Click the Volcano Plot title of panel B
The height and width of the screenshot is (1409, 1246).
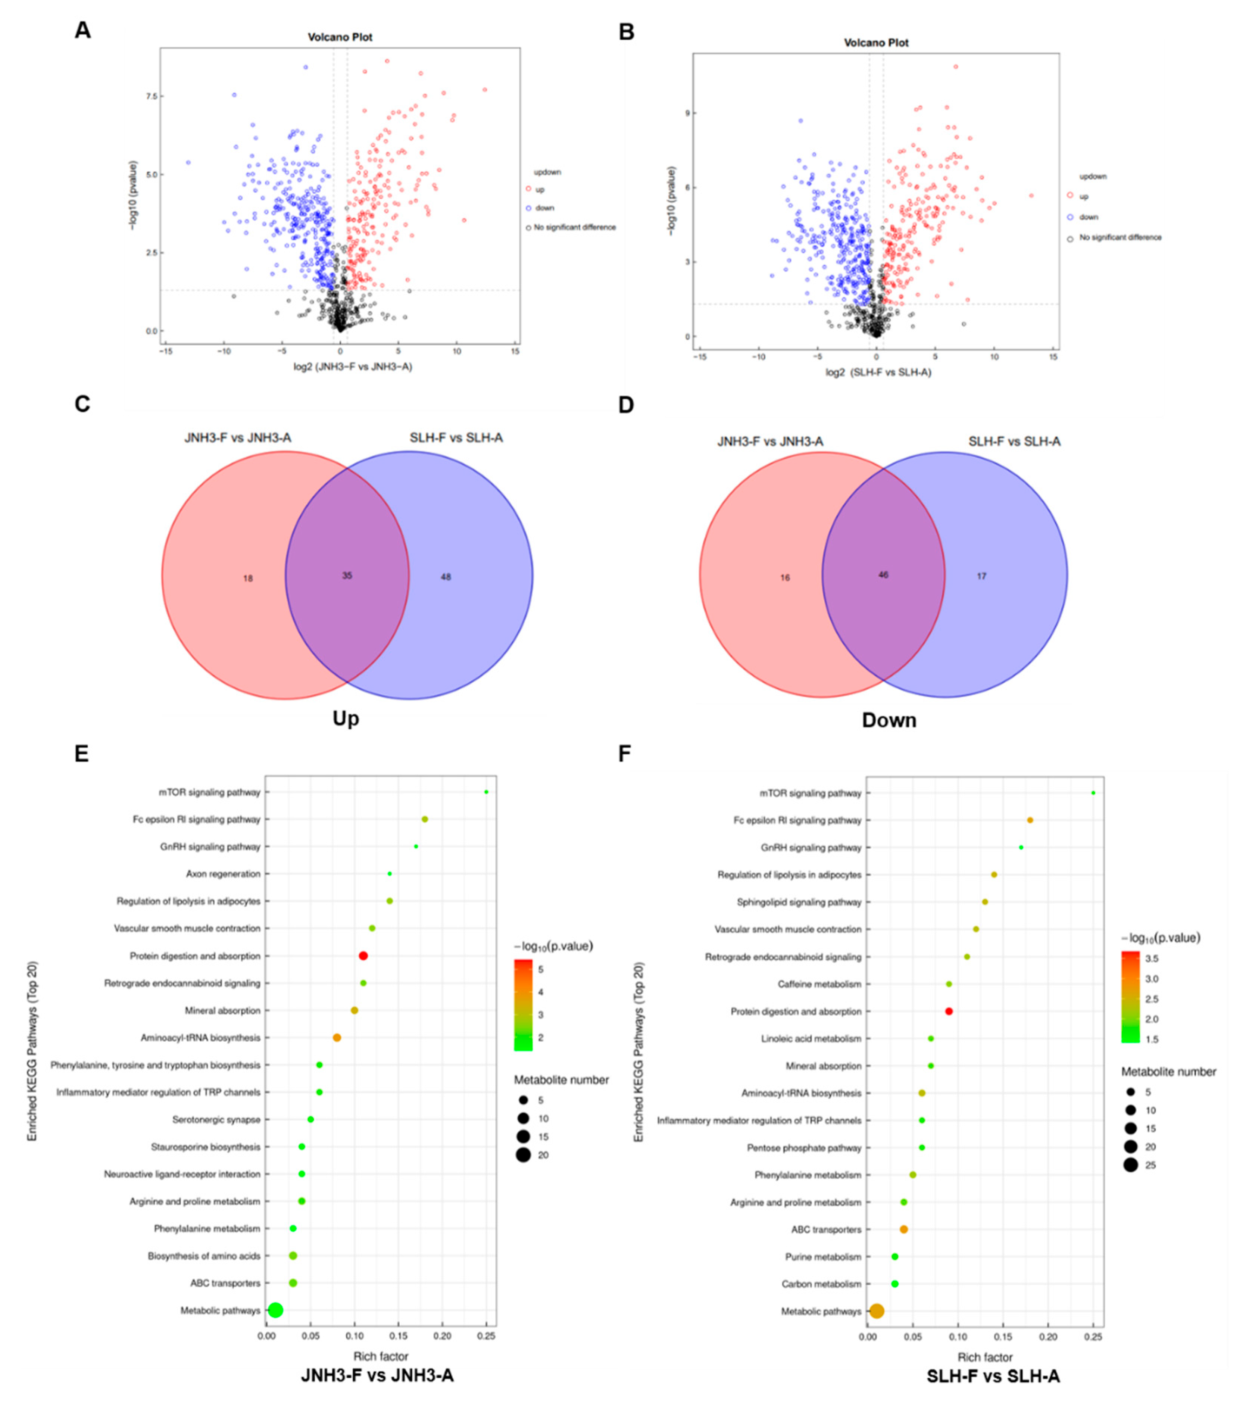click(876, 43)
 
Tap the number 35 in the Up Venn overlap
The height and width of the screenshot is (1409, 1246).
click(347, 575)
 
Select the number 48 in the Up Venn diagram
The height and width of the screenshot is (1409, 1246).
click(446, 577)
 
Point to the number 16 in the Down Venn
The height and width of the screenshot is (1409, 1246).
click(785, 578)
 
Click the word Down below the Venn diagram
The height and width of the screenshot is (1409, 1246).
click(889, 720)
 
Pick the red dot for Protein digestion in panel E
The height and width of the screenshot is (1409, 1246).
click(363, 956)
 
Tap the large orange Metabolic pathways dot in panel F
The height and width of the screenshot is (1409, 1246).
click(877, 1311)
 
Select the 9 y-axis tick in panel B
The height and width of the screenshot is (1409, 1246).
click(686, 113)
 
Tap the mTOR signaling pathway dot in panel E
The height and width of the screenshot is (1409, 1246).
click(487, 792)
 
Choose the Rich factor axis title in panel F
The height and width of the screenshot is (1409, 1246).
click(985, 1357)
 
